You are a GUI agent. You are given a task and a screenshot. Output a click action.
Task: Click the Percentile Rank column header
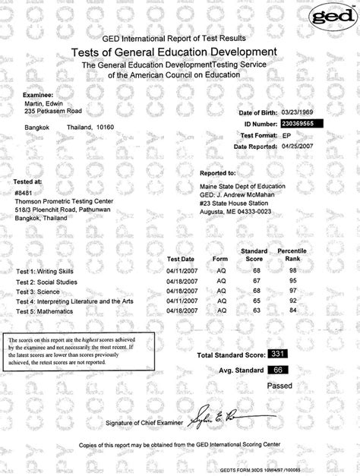[x=292, y=254]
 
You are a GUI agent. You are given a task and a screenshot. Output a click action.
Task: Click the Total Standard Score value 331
[x=277, y=354]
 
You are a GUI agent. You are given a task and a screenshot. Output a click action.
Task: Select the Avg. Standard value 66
[x=277, y=370]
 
